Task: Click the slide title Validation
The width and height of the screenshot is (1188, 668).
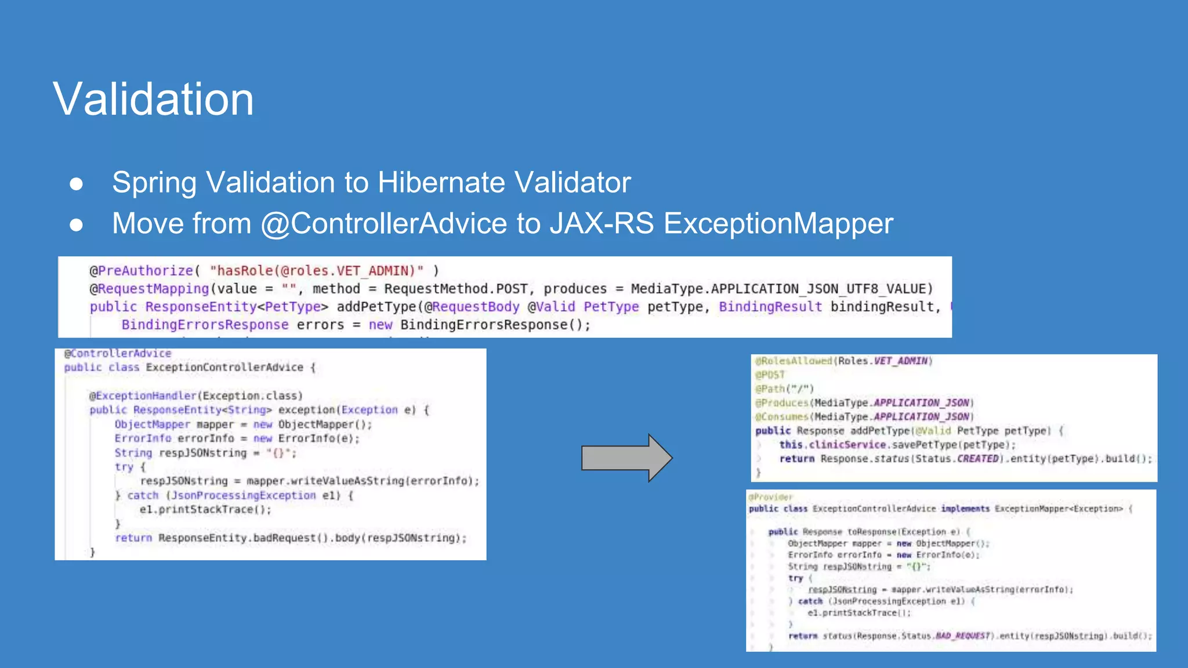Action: (153, 99)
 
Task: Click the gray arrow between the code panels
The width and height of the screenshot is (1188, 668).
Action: (626, 458)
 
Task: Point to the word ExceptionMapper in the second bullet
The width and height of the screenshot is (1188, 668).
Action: (778, 224)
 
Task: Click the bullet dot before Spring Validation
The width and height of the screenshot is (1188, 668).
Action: (76, 184)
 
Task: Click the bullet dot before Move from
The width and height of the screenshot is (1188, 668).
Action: (76, 225)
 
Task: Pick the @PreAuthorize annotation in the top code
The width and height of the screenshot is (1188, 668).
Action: (141, 271)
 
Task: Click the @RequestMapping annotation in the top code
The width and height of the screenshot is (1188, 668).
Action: (149, 289)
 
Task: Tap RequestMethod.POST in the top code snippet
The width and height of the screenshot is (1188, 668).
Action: (456, 289)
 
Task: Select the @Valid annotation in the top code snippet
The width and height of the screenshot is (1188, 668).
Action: (551, 307)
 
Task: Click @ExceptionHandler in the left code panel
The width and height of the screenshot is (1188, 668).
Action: (143, 395)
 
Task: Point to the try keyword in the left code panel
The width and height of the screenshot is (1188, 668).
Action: (124, 467)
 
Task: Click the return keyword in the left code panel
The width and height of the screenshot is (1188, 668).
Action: (133, 538)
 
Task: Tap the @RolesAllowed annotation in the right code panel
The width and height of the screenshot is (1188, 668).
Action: (794, 361)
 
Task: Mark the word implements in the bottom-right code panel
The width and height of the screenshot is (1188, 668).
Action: (965, 509)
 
